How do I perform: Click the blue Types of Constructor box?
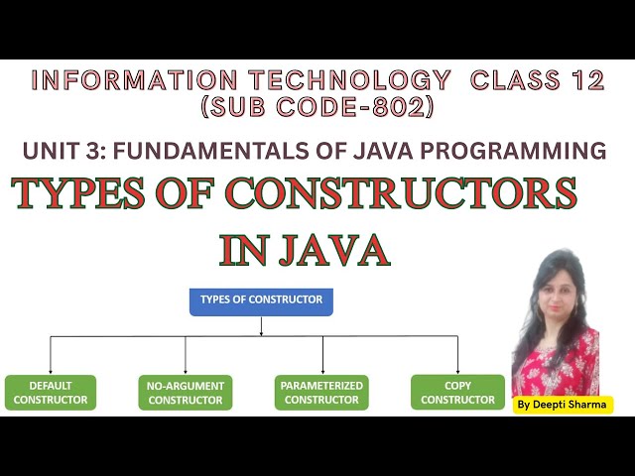click(261, 300)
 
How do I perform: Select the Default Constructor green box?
click(51, 393)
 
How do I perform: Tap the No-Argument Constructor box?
click(186, 393)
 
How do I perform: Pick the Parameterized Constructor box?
click(321, 393)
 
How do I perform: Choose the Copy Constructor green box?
click(457, 393)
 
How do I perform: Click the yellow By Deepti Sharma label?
click(563, 405)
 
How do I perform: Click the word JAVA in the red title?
click(333, 250)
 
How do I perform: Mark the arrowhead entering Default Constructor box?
click(51, 371)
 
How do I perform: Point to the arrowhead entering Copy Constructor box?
click(457, 371)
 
